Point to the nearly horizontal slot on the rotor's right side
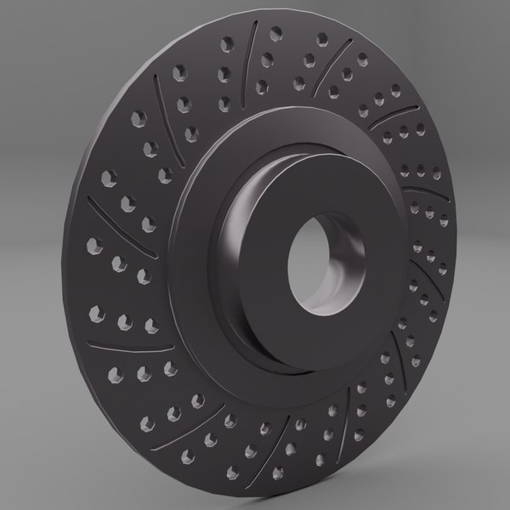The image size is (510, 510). click(x=416, y=184)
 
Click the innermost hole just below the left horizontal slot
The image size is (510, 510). click(x=169, y=367)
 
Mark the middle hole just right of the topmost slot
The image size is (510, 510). click(x=268, y=59)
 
